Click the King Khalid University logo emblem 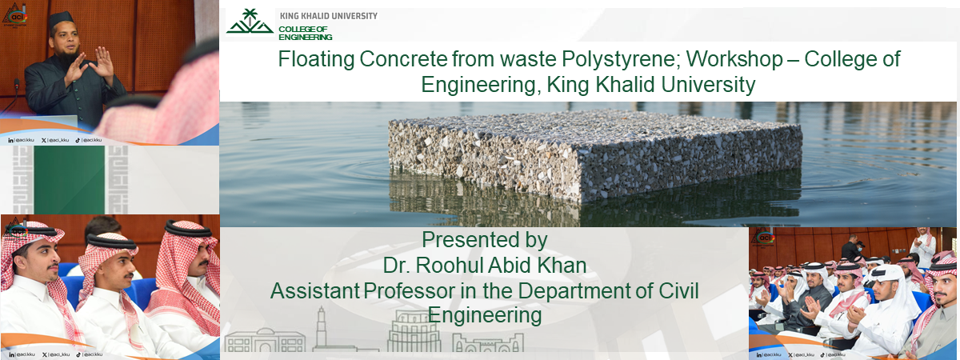pos(249,23)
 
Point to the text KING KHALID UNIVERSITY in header pos(328,16)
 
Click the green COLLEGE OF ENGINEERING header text pos(305,33)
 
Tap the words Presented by pos(484,240)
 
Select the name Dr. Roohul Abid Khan pos(485,266)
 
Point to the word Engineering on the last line pos(485,315)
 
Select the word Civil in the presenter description pos(678,291)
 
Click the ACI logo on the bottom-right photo pos(766,238)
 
